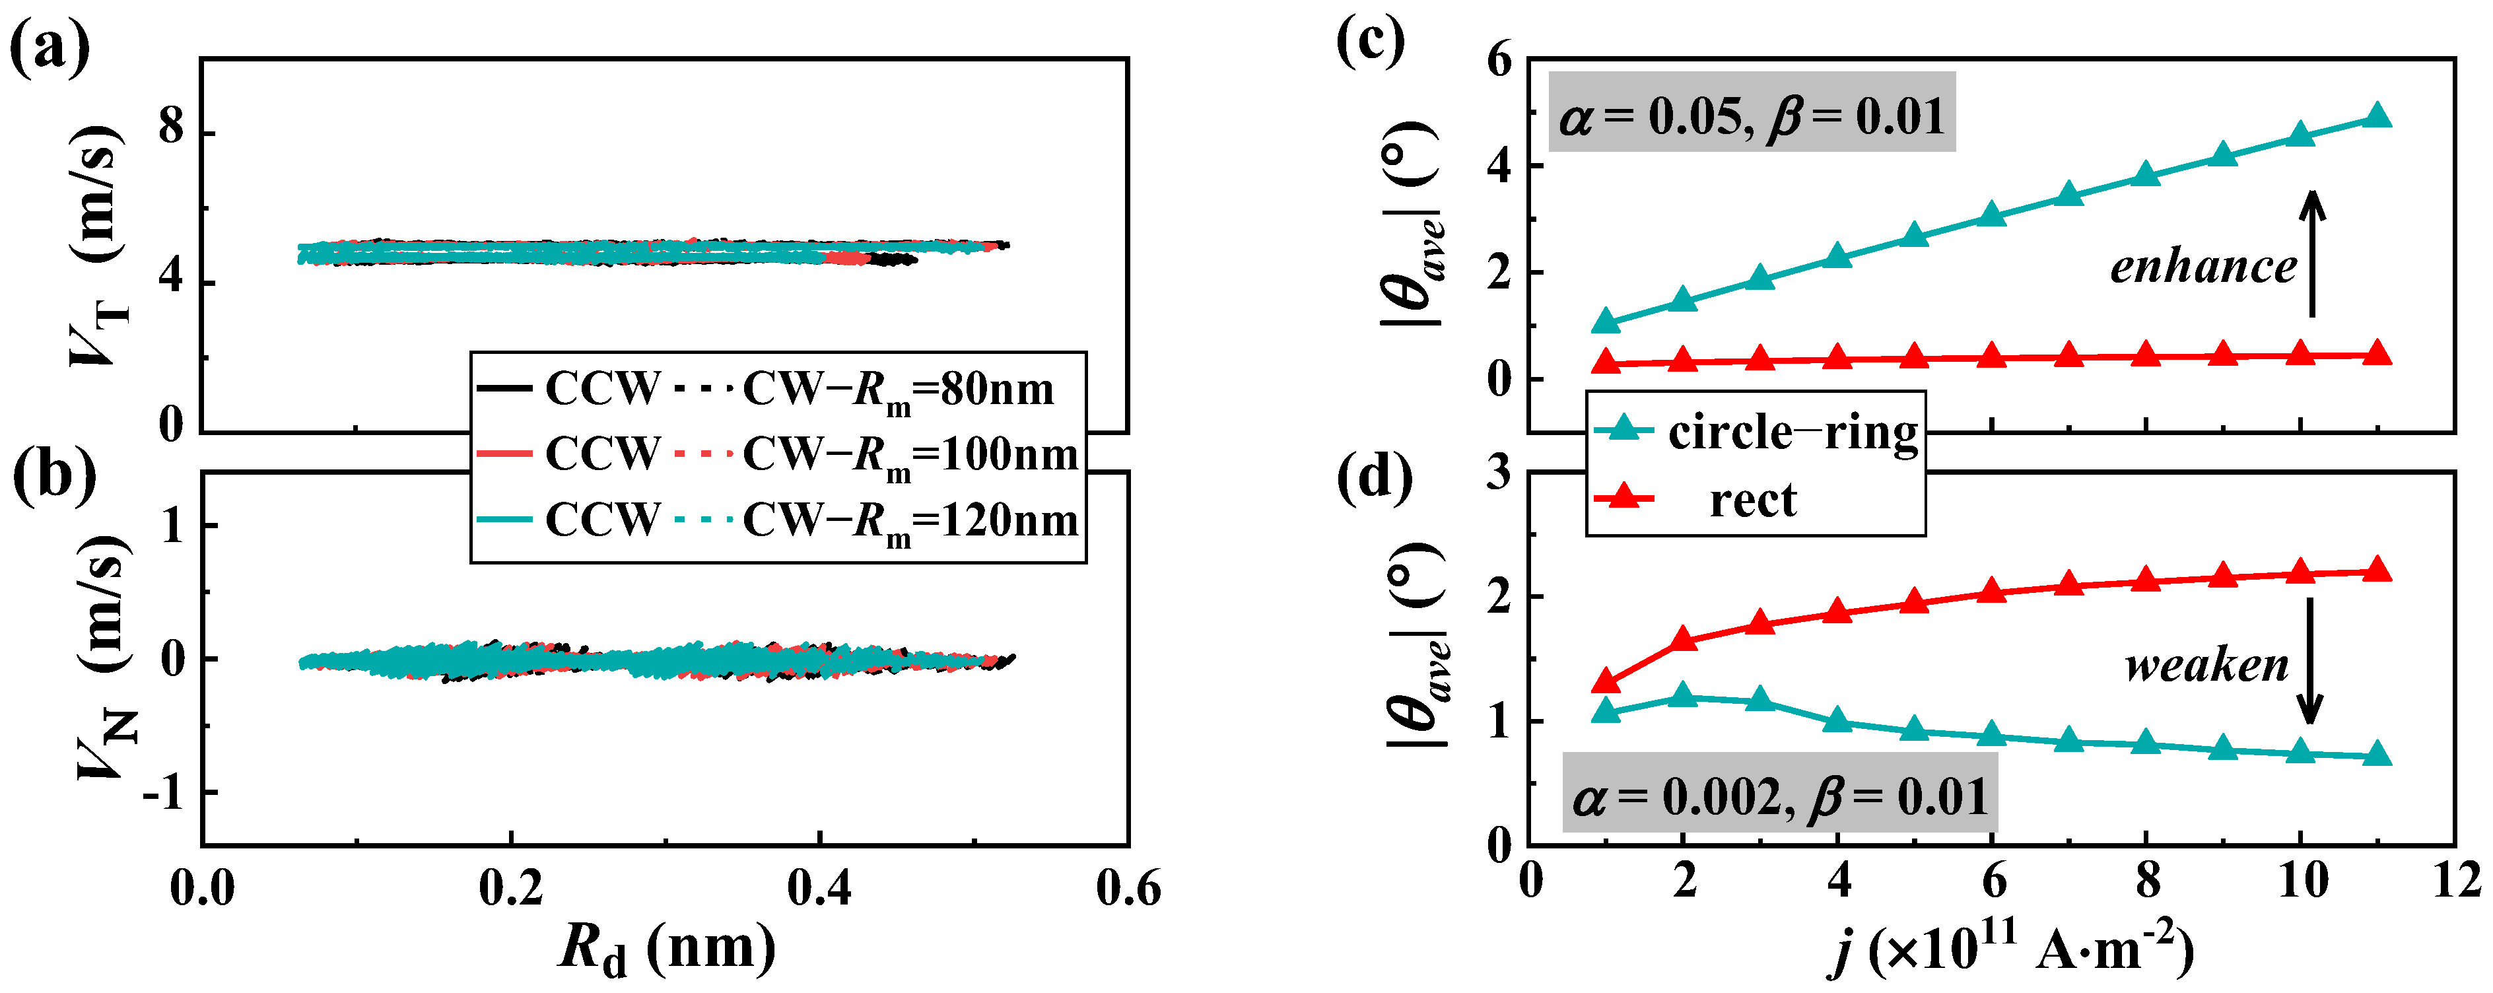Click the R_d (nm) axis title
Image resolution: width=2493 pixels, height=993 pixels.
tap(667, 949)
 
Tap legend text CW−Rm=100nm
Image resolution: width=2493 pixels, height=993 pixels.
tap(910, 455)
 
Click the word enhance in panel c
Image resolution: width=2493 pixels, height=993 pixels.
tap(2203, 266)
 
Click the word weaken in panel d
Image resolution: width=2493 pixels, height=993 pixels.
tap(2206, 666)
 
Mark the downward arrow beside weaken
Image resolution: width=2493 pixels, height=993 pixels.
tap(2310, 661)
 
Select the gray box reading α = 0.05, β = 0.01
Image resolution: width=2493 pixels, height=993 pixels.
tap(1752, 114)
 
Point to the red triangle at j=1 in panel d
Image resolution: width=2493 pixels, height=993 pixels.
tap(1606, 681)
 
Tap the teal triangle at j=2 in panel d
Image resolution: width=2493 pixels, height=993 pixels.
tap(1684, 696)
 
